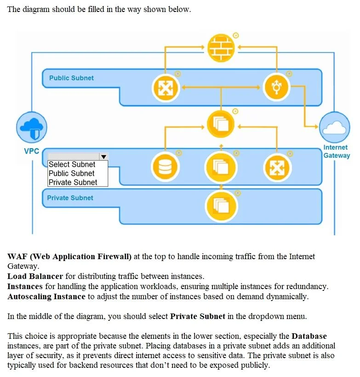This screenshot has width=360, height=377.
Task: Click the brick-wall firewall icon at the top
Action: pos(221,47)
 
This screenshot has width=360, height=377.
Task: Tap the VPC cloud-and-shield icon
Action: pos(32,127)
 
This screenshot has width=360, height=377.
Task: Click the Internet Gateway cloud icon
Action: pos(335,127)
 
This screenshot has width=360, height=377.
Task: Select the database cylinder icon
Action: pos(165,167)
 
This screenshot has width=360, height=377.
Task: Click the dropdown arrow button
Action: pos(103,157)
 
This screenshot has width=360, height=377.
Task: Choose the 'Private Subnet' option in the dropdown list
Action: pos(73,182)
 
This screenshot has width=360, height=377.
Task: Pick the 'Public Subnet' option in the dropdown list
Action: pos(71,174)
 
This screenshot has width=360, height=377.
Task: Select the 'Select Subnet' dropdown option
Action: pos(72,164)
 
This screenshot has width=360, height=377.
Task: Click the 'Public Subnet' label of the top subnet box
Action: pos(71,78)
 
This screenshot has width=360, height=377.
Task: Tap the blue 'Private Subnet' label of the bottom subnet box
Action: pos(70,198)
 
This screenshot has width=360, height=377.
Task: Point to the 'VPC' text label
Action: pos(31,151)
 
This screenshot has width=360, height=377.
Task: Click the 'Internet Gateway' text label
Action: pos(337,151)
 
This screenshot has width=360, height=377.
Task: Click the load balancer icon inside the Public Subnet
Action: pos(166,88)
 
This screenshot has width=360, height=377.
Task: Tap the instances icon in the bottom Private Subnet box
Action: pos(221,206)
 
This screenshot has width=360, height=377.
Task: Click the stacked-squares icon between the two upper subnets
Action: pos(221,124)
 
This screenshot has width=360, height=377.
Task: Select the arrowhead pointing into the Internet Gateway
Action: pos(316,126)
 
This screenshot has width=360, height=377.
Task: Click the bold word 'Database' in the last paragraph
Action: pos(309,336)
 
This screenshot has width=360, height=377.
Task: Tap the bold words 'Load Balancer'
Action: pos(35,276)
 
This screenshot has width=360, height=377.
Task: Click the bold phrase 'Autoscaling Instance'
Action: pos(46,296)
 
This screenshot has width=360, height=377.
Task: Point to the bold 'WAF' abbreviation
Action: pos(17,256)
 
